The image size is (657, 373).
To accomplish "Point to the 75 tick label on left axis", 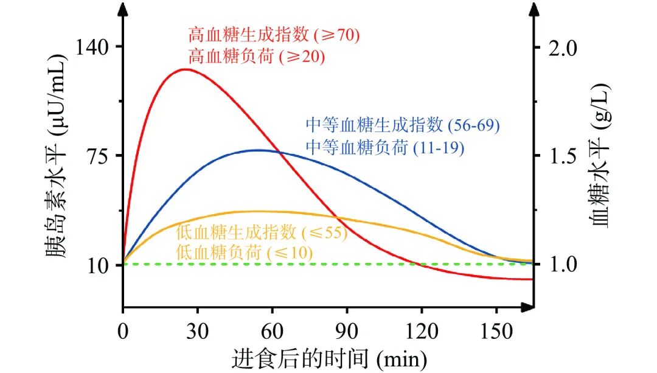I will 97,155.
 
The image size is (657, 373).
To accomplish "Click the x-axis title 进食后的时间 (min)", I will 328,359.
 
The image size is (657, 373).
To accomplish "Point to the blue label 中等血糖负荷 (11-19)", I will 385,148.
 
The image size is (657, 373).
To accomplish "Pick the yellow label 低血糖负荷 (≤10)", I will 243,253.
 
